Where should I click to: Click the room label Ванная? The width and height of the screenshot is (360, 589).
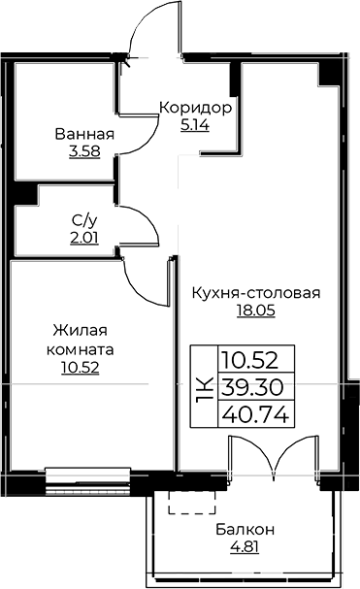pyautogui.click(x=84, y=134)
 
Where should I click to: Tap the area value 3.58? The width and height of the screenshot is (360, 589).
pyautogui.click(x=84, y=151)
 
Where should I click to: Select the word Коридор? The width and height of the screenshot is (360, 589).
pyautogui.click(x=195, y=108)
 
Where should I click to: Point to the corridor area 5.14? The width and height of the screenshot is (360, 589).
pyautogui.click(x=195, y=125)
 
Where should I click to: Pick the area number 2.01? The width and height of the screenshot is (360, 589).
pyautogui.click(x=84, y=238)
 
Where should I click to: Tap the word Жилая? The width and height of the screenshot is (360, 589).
pyautogui.click(x=80, y=331)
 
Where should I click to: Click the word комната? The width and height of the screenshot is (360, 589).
pyautogui.click(x=80, y=350)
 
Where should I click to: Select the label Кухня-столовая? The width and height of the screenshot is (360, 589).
pyautogui.click(x=256, y=293)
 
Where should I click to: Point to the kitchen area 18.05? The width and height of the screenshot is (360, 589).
pyautogui.click(x=256, y=311)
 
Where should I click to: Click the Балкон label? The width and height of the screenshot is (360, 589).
pyautogui.click(x=245, y=530)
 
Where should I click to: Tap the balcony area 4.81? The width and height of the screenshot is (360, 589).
pyautogui.click(x=245, y=547)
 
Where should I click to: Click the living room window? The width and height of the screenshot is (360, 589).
pyautogui.click(x=88, y=481)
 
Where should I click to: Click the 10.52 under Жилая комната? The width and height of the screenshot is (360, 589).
pyautogui.click(x=80, y=368)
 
